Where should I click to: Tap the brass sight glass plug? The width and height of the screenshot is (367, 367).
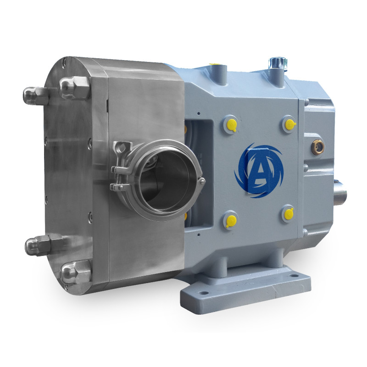click(317, 147)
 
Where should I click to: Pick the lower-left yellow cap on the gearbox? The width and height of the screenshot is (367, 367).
click(231, 221)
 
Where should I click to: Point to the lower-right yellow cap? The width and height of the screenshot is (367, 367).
click(289, 213)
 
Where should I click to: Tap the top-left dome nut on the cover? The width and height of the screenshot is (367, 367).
click(35, 95)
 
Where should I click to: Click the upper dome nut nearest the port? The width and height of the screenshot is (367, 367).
click(75, 87)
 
